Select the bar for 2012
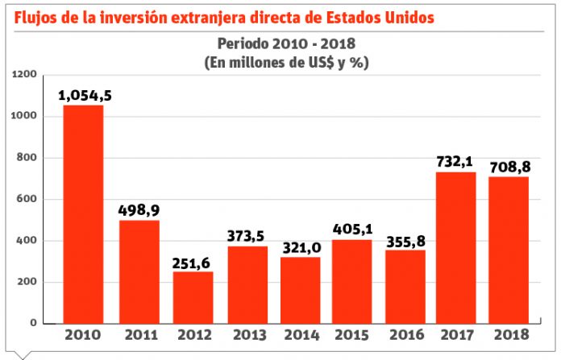pyautogui.click(x=193, y=297)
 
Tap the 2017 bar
pyautogui.click(x=455, y=247)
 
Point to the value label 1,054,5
pyautogui.click(x=85, y=95)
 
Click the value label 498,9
pyautogui.click(x=139, y=210)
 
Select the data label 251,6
pyautogui.click(x=192, y=262)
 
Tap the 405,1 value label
pyautogui.click(x=350, y=230)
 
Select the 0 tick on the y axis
pyautogui.click(x=35, y=323)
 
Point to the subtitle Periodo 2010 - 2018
pyautogui.click(x=286, y=43)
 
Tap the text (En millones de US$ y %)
pyautogui.click(x=286, y=61)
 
